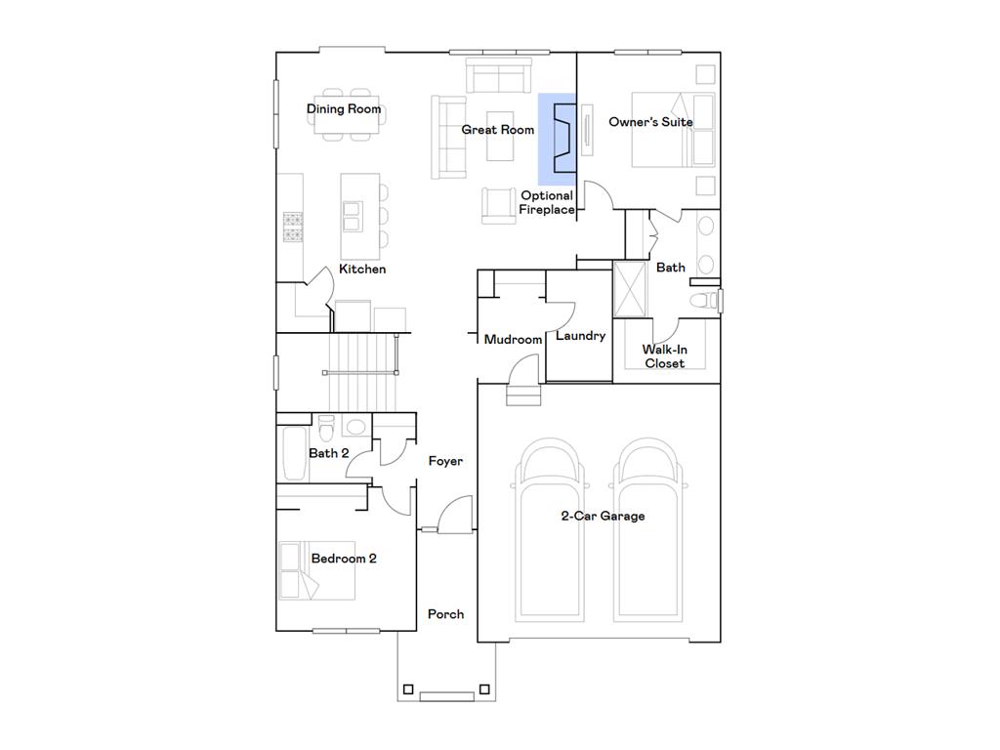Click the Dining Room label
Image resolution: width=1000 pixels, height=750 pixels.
[344, 109]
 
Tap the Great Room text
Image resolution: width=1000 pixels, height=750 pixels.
[498, 130]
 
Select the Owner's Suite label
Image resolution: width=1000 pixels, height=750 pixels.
[650, 122]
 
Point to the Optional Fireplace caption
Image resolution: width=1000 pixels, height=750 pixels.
[547, 202]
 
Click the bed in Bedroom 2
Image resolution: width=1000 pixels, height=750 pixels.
[315, 571]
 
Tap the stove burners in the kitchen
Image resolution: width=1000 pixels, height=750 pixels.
[293, 227]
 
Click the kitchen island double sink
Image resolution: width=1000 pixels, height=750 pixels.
[352, 216]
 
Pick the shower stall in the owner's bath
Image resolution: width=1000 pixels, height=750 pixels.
[630, 289]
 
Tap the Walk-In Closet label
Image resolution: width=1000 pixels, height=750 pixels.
[664, 356]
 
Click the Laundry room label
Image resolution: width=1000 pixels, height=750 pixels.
[580, 336]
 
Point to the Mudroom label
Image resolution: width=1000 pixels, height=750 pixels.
[513, 340]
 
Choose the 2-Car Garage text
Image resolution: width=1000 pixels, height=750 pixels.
[603, 516]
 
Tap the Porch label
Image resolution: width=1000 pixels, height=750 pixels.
[445, 614]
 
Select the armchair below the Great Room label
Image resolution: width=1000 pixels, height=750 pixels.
[498, 205]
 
